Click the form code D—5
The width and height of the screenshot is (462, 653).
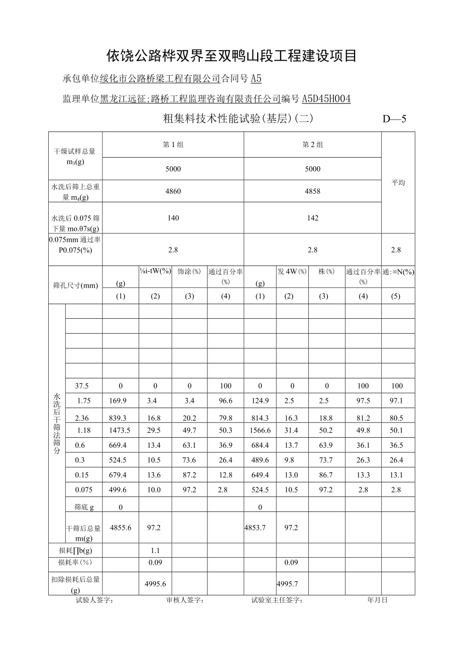coord(394,119)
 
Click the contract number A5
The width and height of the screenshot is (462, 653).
coord(256,78)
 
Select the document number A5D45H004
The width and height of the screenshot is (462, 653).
coord(326,99)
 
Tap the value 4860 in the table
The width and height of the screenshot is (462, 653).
coord(173,191)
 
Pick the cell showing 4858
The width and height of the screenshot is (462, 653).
coord(312,191)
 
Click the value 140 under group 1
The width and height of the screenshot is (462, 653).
coord(173,218)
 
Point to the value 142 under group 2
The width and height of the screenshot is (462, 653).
coord(312,218)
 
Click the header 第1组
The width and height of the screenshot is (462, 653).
coord(173,145)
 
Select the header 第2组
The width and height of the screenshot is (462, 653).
coord(312,145)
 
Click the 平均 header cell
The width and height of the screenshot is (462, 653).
coord(398,183)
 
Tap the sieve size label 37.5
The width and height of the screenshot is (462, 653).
coord(82,386)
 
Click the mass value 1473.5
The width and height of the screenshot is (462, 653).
coord(121,430)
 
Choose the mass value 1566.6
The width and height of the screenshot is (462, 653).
coord(260,430)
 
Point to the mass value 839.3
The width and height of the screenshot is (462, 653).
coord(121,418)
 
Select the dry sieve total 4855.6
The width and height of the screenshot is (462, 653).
coord(121,528)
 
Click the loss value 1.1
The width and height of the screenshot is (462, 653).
coord(155,551)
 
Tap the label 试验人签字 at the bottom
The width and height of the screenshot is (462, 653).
coord(94,600)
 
